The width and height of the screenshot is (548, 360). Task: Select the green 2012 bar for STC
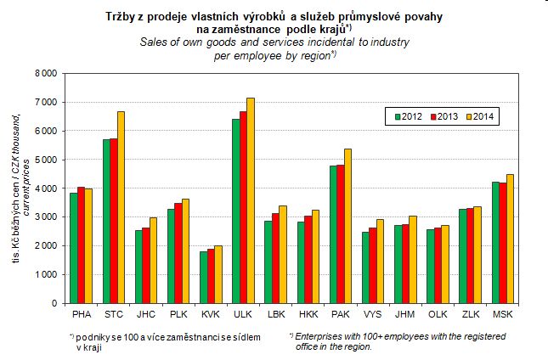click(x=106, y=221)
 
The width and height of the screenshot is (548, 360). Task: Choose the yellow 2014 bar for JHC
click(x=153, y=260)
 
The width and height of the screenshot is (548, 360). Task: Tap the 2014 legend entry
click(x=479, y=116)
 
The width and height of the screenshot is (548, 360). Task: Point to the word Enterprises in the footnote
click(x=319, y=337)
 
